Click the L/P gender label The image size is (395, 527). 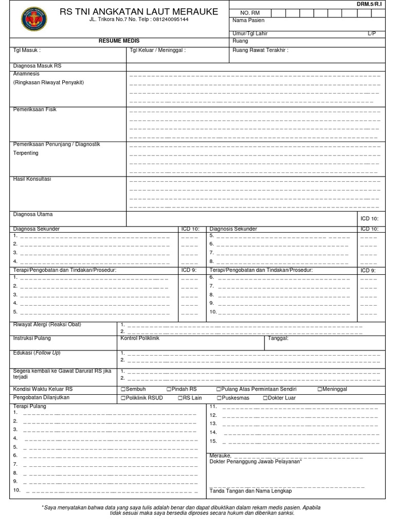point(371,33)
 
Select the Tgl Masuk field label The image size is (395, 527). point(26,50)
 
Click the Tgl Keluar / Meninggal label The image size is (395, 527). point(157,50)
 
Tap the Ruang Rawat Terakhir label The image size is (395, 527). point(260,50)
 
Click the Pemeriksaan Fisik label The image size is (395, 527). point(35,109)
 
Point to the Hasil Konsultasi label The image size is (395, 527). point(32,179)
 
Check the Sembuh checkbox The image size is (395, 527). point(123,389)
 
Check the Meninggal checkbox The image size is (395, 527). point(320,389)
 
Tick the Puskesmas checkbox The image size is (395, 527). point(219,398)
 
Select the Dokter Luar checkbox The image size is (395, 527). point(265,398)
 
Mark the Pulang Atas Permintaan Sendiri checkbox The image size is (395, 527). point(219,389)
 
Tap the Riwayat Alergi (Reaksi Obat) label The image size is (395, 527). point(47,325)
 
